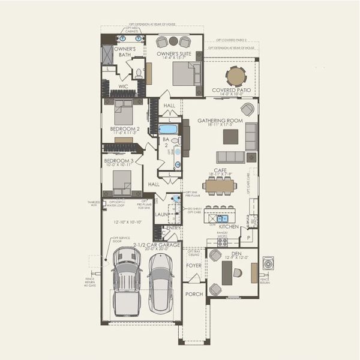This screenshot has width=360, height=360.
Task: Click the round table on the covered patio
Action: click(236, 76)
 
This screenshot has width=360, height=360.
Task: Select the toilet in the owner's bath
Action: click(139, 73)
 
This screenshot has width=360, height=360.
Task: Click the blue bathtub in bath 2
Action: click(168, 129)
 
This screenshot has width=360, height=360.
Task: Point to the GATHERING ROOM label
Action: click(220, 121)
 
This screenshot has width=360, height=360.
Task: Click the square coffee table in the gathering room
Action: click(230, 137)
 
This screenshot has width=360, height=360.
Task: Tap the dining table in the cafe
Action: click(219, 186)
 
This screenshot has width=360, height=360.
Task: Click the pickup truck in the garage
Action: click(127, 282)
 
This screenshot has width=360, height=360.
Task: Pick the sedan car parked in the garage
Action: click(160, 282)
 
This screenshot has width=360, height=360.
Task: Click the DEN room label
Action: click(236, 253)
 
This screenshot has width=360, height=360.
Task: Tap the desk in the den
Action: click(227, 273)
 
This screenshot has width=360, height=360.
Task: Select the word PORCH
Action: click(194, 294)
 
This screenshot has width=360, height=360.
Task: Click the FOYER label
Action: click(194, 265)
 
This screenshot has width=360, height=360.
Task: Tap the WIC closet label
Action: click(123, 86)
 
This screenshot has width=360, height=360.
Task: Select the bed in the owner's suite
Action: click(187, 75)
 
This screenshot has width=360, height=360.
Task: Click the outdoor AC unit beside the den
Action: click(268, 263)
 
